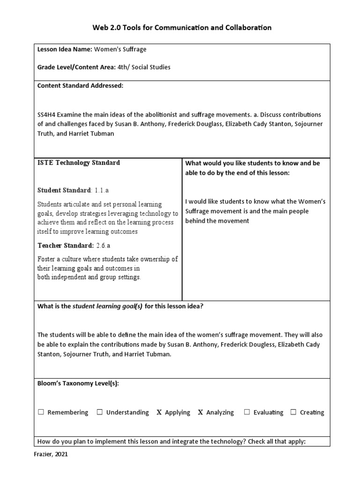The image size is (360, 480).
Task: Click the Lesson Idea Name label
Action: [65, 49]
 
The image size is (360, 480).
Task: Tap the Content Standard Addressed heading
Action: [80, 85]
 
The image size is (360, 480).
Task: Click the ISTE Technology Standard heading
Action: [78, 163]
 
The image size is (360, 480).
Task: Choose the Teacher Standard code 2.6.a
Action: [103, 246]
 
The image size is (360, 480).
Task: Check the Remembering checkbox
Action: [41, 412]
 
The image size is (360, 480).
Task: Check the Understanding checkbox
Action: [99, 412]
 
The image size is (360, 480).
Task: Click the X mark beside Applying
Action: [159, 412]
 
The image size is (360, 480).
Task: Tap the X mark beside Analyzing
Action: [201, 412]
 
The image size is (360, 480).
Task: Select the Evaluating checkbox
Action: [247, 412]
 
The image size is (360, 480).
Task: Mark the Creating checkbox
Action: [293, 412]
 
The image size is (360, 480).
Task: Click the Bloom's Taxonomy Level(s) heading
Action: [78, 383]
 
